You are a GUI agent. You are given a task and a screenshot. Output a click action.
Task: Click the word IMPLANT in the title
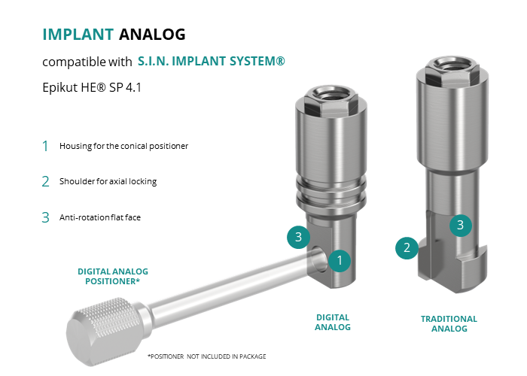(78, 35)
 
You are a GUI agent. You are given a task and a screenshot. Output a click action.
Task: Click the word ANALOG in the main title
(152, 35)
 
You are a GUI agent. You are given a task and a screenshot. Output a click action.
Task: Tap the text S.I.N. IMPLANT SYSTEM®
(212, 61)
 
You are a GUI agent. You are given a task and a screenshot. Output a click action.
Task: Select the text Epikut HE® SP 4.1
(92, 87)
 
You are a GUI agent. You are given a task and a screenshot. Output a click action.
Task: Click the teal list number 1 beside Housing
(45, 146)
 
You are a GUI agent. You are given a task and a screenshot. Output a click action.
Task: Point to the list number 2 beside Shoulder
(45, 182)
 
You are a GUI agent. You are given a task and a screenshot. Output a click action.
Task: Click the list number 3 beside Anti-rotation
(45, 217)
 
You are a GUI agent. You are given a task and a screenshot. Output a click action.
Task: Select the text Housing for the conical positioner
(123, 146)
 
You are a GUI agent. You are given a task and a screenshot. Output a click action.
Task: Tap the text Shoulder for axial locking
(108, 181)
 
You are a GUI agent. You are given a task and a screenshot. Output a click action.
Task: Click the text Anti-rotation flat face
(100, 217)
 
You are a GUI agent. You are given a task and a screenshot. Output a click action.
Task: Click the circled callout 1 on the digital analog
(340, 260)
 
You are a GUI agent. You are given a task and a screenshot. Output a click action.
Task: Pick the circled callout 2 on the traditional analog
(407, 247)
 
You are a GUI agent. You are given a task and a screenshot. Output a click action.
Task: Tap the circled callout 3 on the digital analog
(298, 237)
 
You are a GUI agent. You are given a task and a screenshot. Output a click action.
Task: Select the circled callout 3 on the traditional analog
(461, 225)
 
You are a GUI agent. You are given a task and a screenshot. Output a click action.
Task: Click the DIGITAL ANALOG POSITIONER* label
(113, 276)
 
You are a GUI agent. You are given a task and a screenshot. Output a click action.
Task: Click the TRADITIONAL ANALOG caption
(449, 323)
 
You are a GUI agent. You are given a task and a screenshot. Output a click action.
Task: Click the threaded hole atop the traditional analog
(452, 65)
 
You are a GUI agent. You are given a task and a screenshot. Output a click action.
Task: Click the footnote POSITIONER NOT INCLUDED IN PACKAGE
(207, 356)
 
